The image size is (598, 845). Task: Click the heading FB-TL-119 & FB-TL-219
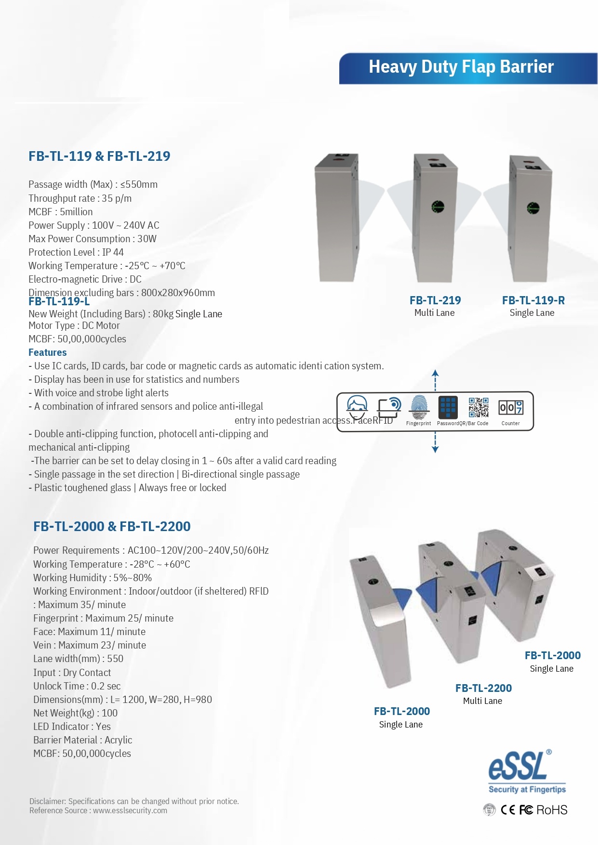pos(99,156)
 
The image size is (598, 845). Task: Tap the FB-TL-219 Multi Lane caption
pos(435,306)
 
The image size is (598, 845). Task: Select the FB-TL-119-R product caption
pos(533,306)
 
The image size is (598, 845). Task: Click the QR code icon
pos(478,407)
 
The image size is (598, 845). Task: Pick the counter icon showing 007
pos(511,407)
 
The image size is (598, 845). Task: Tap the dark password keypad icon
pos(448,407)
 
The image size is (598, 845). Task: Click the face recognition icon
pos(357,407)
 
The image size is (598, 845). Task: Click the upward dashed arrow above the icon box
pos(435,379)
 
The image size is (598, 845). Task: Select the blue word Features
pos(47,352)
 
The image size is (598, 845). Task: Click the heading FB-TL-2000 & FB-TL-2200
pos(112,527)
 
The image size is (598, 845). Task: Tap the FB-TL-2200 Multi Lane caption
pos(483,694)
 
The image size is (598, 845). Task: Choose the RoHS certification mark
pos(552,810)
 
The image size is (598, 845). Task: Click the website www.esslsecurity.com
pos(130,810)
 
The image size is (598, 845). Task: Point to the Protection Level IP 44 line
pos(76,252)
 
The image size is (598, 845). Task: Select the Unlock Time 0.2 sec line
pos(77,686)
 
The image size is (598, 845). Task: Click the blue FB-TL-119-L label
pos(59,302)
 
